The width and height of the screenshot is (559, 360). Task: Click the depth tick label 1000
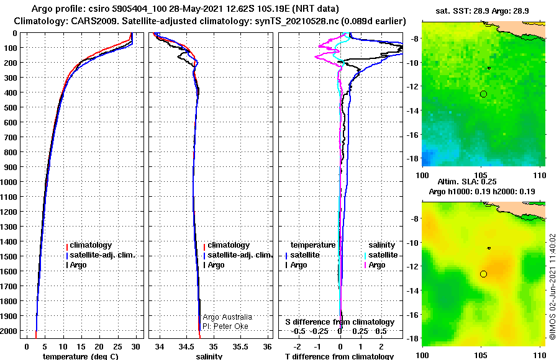8,182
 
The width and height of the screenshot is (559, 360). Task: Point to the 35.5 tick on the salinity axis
240,347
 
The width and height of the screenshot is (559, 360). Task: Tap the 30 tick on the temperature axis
135,347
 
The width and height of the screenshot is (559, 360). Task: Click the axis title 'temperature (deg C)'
80,356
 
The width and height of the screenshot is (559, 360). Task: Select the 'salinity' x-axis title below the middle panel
209,356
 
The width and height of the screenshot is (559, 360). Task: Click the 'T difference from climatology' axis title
339,356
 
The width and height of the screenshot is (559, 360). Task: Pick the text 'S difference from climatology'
340,322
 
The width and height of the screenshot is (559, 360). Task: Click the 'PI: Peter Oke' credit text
225,326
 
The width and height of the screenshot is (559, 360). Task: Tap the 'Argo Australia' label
227,317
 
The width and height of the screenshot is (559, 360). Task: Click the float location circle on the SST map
483,94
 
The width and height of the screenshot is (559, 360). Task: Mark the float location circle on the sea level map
483,274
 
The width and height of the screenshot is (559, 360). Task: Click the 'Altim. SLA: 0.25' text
467,181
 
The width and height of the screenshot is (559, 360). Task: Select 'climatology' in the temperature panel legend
90,245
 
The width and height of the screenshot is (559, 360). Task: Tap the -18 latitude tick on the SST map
413,158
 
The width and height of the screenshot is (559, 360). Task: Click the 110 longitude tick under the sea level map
539,355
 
